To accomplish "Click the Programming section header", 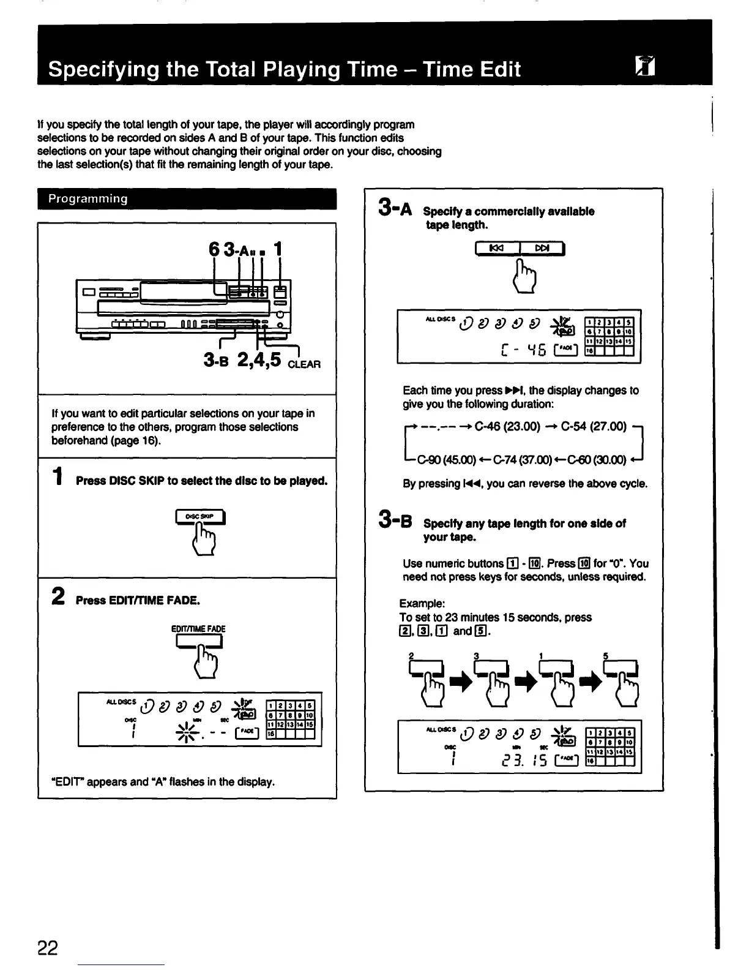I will coord(89,199).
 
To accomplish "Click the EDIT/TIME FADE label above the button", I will coord(198,629).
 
